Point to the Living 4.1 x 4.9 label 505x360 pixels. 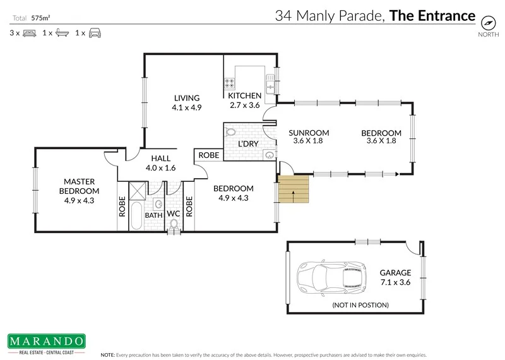[x=186, y=103]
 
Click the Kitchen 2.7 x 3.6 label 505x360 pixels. [x=245, y=100]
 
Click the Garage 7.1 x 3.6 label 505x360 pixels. [x=395, y=278]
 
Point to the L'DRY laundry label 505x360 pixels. [x=248, y=144]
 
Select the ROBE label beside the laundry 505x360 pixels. [x=208, y=155]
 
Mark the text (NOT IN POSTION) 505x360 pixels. [x=360, y=306]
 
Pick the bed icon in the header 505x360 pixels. [x=28, y=32]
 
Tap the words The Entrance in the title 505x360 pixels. [x=432, y=16]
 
